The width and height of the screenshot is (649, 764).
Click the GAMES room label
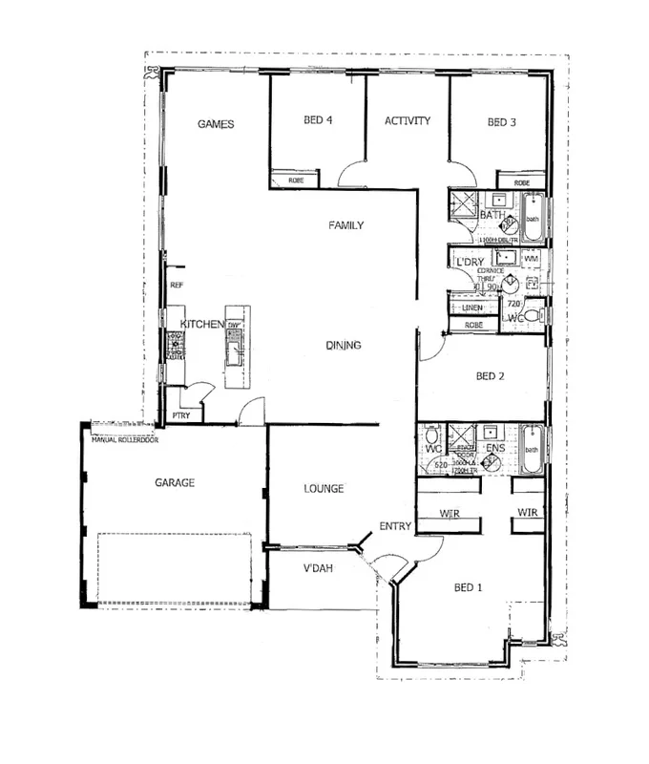pyautogui.click(x=216, y=124)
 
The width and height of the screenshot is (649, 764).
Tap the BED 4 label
pyautogui.click(x=319, y=121)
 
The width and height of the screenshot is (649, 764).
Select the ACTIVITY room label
pyautogui.click(x=408, y=121)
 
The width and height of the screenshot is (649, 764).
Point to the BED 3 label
pyautogui.click(x=501, y=122)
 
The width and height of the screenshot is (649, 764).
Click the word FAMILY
pyautogui.click(x=345, y=225)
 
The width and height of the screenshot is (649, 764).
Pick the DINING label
pyautogui.click(x=343, y=346)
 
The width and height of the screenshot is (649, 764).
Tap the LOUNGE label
pyautogui.click(x=324, y=489)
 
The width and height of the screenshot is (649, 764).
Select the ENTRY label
pyautogui.click(x=394, y=526)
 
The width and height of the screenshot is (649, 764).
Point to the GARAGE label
pyautogui.click(x=175, y=483)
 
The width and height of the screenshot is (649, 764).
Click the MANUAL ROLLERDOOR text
pyautogui.click(x=124, y=440)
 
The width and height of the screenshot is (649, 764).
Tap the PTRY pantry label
pyautogui.click(x=179, y=416)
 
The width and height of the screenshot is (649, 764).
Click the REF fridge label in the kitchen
pyautogui.click(x=176, y=285)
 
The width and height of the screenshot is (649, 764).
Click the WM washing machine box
pyautogui.click(x=532, y=259)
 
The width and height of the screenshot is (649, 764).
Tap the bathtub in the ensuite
pyautogui.click(x=533, y=450)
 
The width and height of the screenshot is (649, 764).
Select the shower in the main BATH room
pyautogui.click(x=466, y=204)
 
